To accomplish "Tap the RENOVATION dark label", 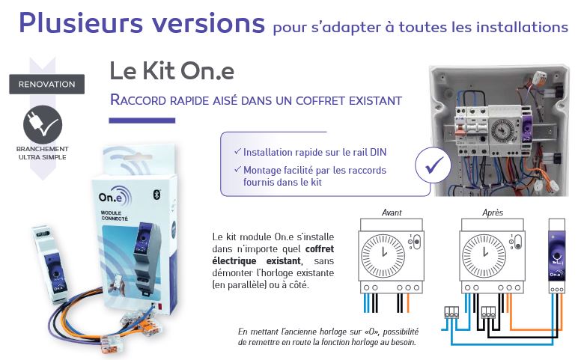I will coord(46,84).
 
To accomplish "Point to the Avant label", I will coord(392,213).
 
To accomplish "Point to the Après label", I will coord(493,213).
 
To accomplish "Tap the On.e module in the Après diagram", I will coord(556,254).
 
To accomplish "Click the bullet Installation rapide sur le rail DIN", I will coord(314,152).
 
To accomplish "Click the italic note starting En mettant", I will coord(328,335).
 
